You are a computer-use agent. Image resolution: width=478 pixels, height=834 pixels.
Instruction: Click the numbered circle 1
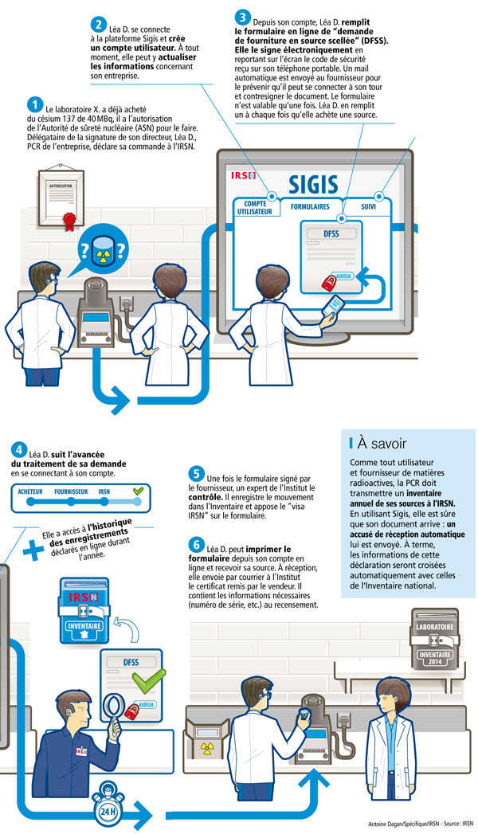[34, 104]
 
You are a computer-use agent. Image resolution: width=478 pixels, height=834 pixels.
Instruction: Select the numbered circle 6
[196, 545]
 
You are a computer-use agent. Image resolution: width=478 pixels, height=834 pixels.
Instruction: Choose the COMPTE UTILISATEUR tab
[254, 209]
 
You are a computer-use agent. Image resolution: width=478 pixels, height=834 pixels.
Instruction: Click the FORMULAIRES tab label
[310, 206]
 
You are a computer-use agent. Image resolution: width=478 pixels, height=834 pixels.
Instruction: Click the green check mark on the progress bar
[138, 491]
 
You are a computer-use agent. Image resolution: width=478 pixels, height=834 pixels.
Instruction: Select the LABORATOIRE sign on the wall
[435, 628]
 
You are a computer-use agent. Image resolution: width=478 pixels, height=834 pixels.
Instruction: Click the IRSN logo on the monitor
[242, 173]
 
